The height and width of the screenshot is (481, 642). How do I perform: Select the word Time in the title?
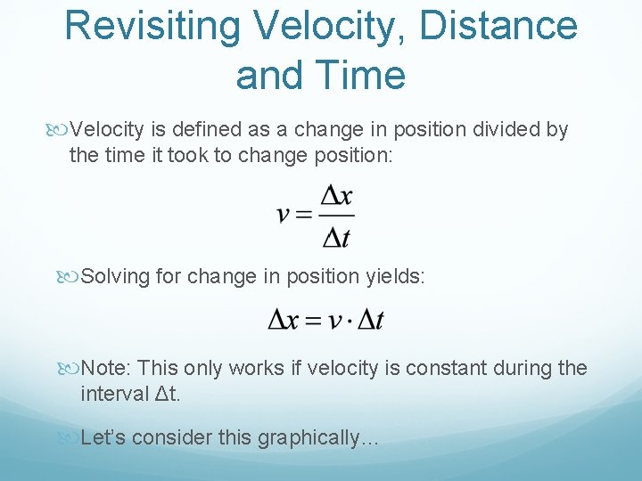point(365,75)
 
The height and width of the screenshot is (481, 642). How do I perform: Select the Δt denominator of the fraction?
point(336,237)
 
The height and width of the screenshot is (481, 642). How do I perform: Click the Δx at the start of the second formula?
point(285,320)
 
